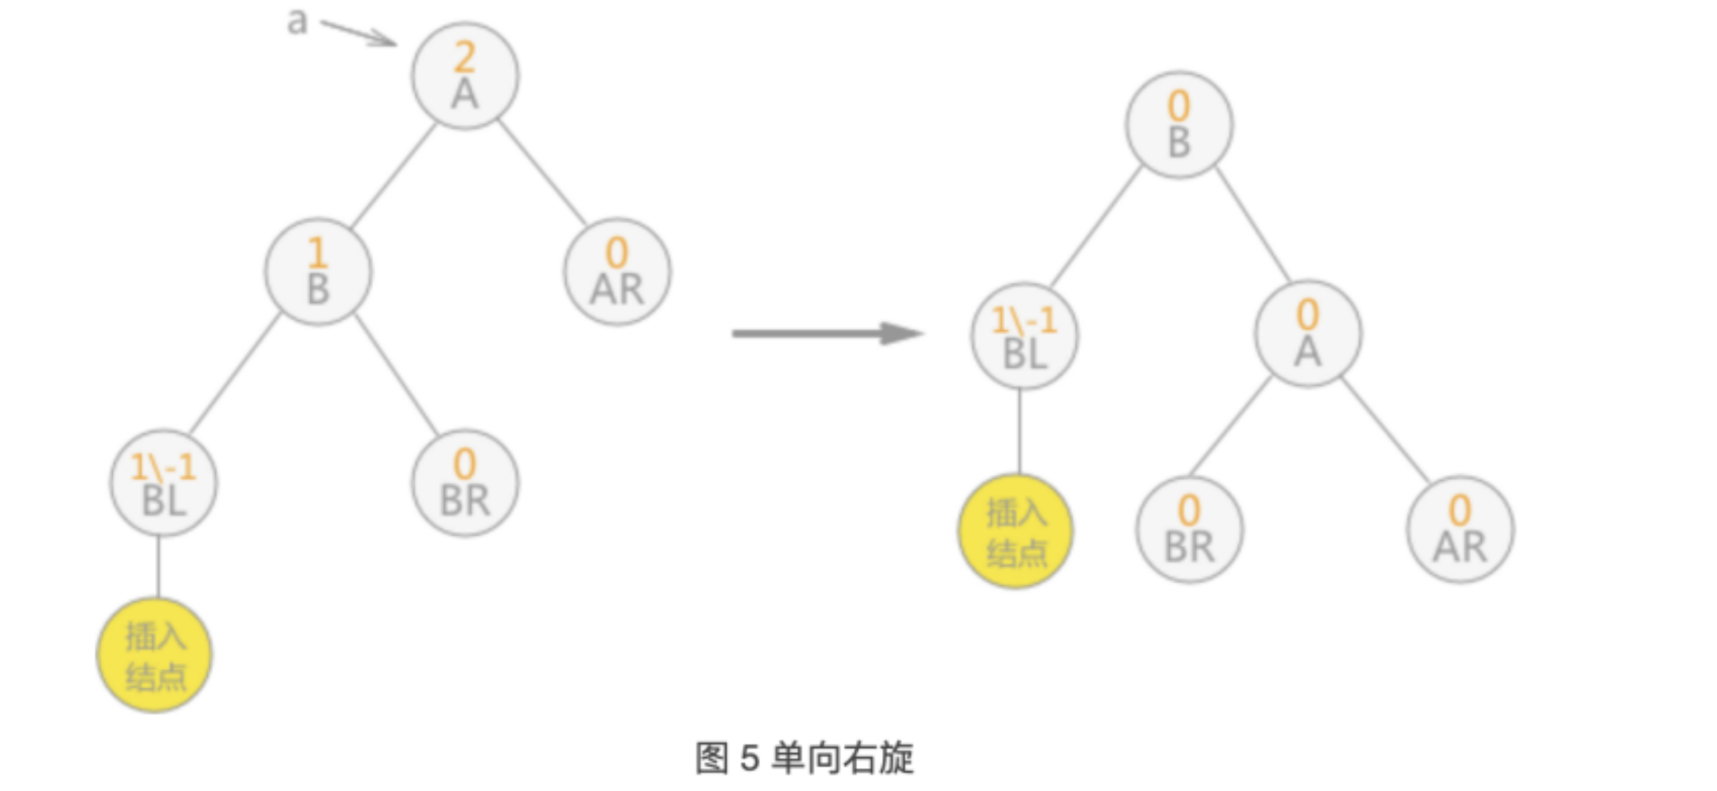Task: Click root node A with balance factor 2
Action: point(464,75)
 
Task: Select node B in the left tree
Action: point(318,271)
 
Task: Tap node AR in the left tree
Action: point(617,271)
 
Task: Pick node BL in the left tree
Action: point(163,482)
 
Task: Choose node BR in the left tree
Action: point(464,482)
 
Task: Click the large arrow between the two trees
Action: point(827,333)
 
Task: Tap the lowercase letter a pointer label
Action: point(297,21)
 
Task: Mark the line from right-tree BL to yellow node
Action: point(1019,431)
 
